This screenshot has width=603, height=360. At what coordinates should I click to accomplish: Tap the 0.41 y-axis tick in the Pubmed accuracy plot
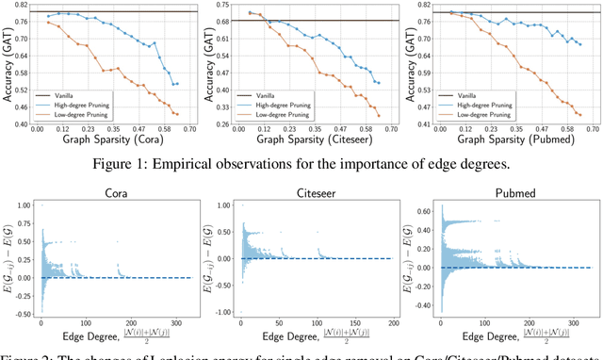pos(418,123)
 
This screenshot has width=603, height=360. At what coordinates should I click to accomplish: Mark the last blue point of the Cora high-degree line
pos(176,83)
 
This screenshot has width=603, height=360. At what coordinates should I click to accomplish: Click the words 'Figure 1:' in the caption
pos(171,158)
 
